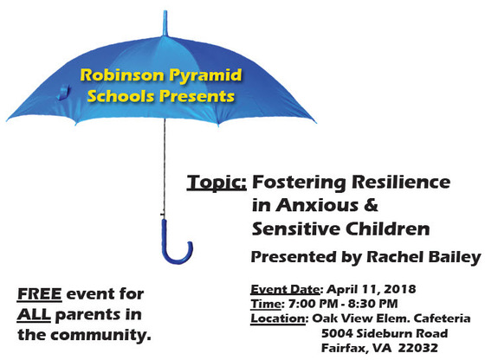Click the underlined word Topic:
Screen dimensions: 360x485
click(217, 183)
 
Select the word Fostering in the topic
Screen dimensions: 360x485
click(294, 183)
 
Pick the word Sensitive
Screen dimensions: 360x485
click(293, 230)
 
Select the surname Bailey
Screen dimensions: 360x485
click(451, 257)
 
